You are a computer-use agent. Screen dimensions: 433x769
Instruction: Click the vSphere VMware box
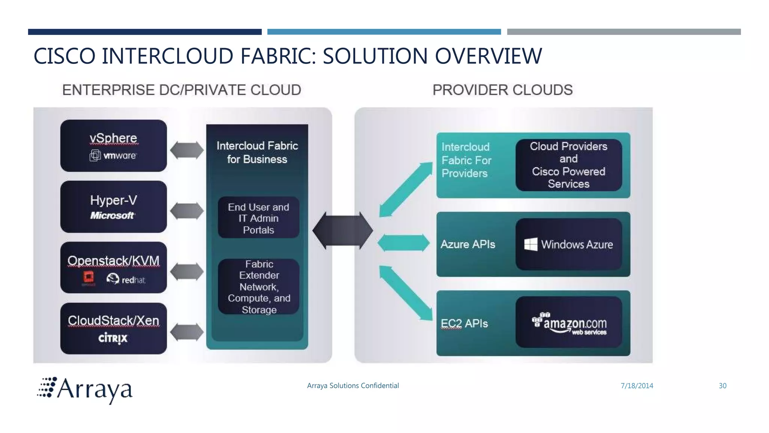[113, 146]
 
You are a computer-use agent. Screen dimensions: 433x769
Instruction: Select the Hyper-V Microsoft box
[113, 207]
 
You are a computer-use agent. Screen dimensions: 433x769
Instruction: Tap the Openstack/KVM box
[113, 268]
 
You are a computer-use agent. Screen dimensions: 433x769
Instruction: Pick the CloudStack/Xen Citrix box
[113, 329]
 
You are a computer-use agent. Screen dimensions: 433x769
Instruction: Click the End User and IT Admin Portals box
[258, 218]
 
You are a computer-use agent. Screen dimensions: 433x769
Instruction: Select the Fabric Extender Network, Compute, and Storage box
[259, 287]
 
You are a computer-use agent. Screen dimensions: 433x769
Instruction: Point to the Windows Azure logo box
[568, 244]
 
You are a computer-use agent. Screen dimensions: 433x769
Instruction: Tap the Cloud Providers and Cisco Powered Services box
[568, 165]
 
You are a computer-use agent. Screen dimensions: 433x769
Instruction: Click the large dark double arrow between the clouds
[342, 230]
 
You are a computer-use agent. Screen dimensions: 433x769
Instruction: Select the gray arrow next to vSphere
[187, 150]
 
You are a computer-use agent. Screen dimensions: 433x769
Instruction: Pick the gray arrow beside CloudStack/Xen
[187, 332]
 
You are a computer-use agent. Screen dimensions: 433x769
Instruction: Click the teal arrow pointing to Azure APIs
[403, 243]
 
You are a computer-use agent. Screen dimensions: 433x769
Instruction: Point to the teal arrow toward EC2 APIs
[406, 293]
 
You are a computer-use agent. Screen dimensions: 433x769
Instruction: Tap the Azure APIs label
[467, 244]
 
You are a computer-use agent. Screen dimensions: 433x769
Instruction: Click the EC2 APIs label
[464, 324]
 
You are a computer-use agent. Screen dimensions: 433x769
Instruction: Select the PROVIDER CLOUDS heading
[502, 90]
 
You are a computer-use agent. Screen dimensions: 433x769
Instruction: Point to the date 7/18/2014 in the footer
[637, 386]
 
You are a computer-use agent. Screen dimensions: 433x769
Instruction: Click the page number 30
[722, 386]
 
